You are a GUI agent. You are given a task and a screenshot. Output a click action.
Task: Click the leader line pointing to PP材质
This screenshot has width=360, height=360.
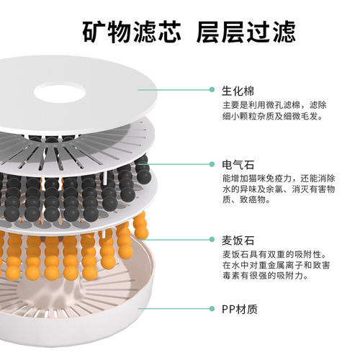[180, 310]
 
